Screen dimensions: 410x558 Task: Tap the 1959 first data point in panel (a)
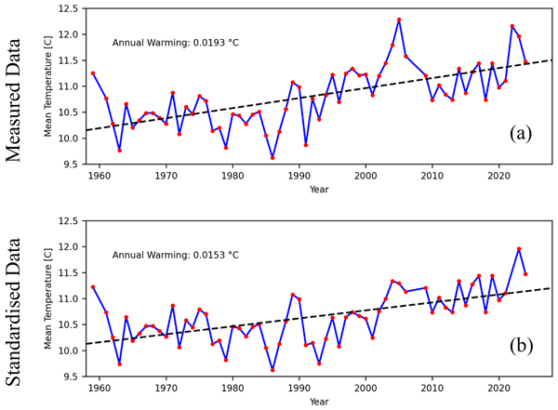[93, 73]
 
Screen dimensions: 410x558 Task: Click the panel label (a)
[521, 133]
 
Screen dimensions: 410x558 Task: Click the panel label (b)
[521, 346]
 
